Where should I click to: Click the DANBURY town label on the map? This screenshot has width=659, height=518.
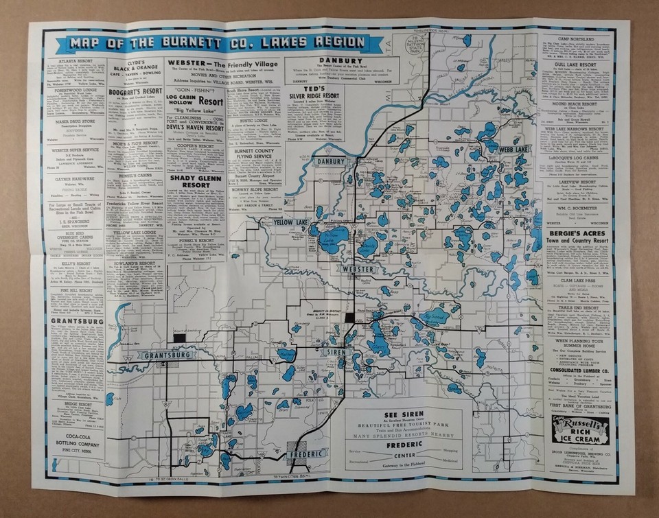(x=335, y=162)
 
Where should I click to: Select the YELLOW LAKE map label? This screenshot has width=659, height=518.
(x=291, y=222)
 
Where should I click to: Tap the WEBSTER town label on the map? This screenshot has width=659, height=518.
(x=358, y=270)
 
